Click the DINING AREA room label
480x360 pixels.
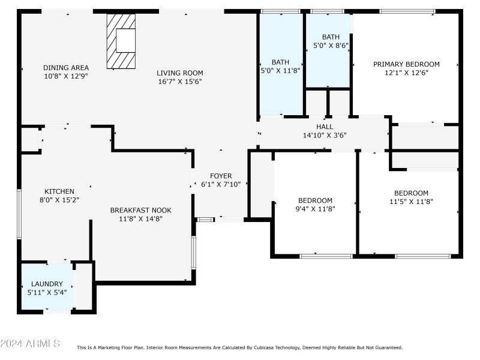tap(66, 67)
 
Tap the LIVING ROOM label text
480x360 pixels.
tap(179, 73)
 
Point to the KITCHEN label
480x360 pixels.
tap(59, 191)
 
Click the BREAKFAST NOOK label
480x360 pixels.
tap(140, 210)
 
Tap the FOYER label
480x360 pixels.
tap(221, 176)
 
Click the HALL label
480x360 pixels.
tap(325, 127)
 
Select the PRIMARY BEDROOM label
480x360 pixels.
tap(406, 64)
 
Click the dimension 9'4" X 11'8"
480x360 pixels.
tap(316, 209)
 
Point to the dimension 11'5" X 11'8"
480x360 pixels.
tap(411, 202)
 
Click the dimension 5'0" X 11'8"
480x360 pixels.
tap(280, 70)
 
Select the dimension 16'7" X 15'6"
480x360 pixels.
tap(179, 81)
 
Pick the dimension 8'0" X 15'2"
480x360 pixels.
tap(59, 200)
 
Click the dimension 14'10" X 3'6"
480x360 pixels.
tap(325, 136)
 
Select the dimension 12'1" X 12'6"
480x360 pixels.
tap(406, 73)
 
